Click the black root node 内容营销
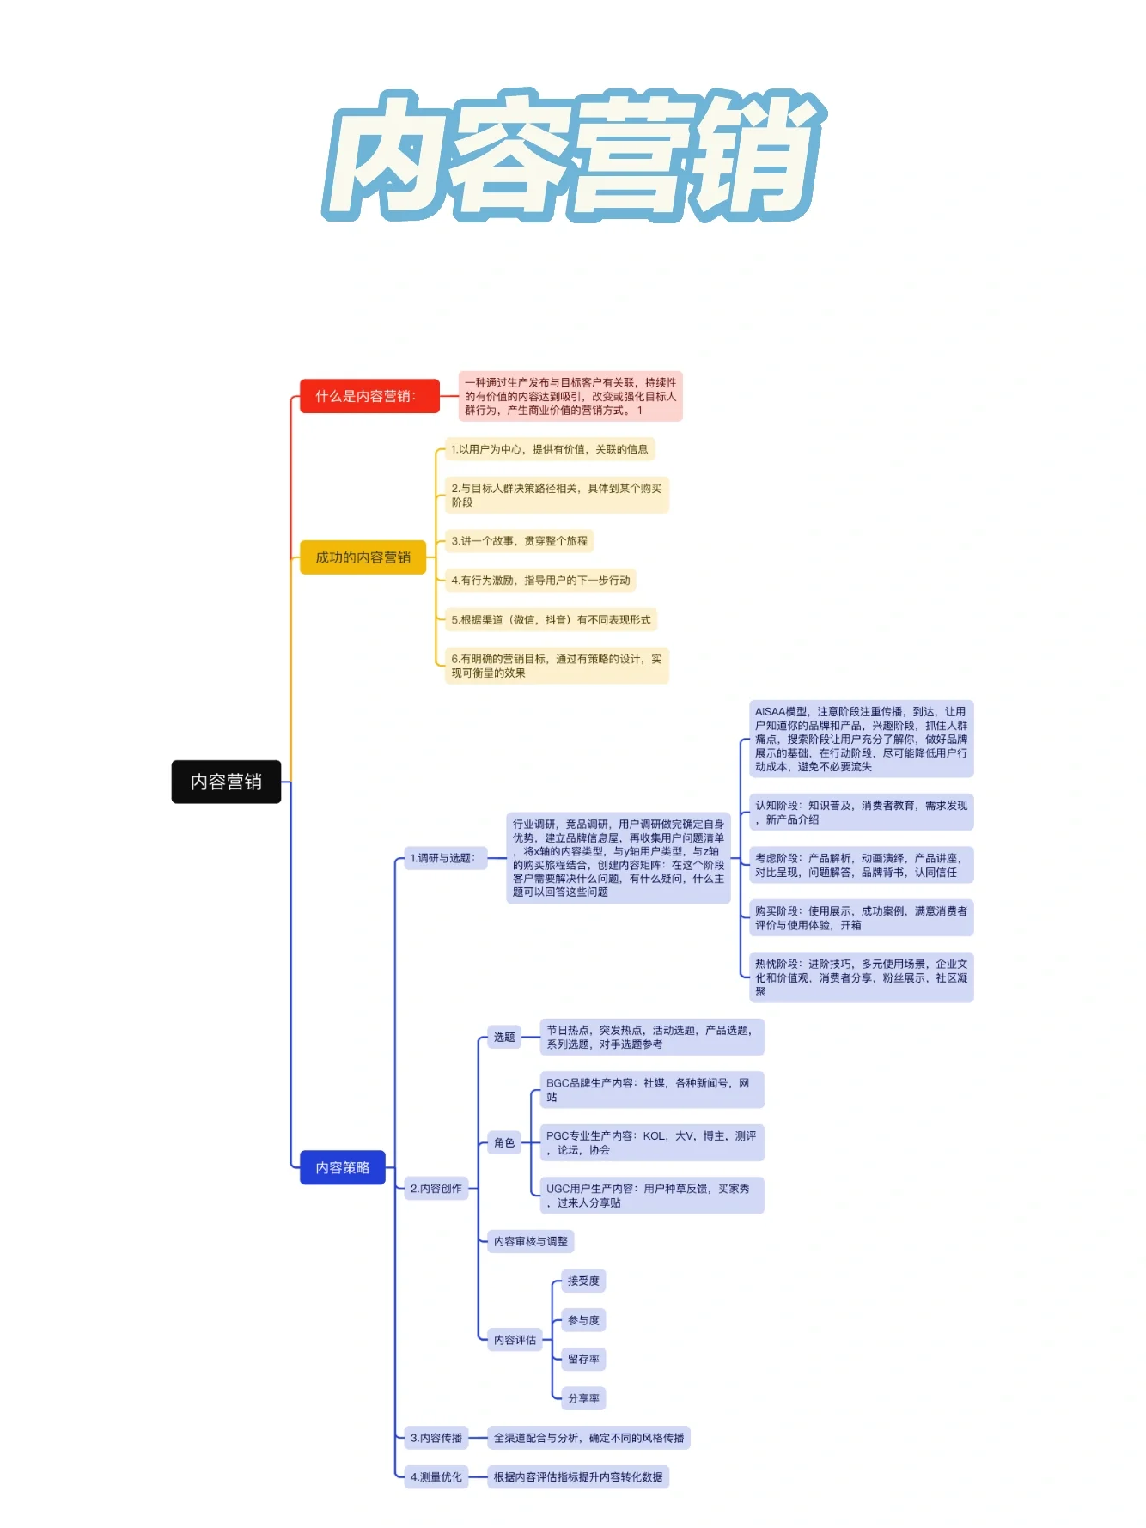pos(226,782)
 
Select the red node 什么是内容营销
pos(369,396)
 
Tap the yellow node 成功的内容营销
pos(363,557)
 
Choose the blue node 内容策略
pos(342,1167)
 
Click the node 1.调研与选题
pos(442,857)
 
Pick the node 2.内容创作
pos(436,1189)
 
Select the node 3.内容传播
pos(436,1438)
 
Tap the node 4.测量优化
pos(436,1477)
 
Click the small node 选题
pos(504,1037)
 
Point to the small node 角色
pos(504,1142)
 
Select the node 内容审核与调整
pos(530,1241)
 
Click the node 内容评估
pos(515,1340)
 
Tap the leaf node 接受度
pos(583,1281)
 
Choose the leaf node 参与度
pos(583,1320)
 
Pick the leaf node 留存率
pos(583,1359)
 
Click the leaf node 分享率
pos(583,1398)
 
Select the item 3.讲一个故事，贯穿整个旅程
pos(519,541)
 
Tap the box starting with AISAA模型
pos(861,739)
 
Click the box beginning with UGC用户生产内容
pos(650,1196)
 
